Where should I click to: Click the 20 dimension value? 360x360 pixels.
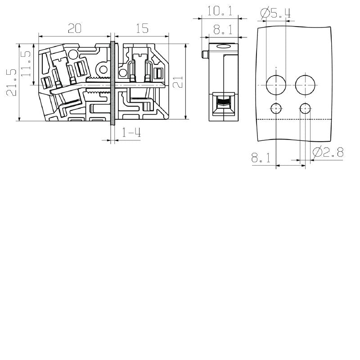point(74,28)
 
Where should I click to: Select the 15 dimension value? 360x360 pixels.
point(141,28)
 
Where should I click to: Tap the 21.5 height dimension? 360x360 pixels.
point(11,82)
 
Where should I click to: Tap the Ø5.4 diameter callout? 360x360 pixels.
point(275,13)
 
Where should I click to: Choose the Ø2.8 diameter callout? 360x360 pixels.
point(328,153)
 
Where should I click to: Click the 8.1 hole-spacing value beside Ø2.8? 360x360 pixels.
point(261,157)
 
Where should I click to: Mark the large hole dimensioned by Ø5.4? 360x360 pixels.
point(275,85)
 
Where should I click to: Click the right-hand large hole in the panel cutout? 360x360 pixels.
point(306,85)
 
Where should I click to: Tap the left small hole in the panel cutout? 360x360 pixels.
point(275,108)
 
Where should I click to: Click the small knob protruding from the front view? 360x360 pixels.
point(204,54)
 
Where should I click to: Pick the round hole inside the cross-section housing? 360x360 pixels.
point(103,70)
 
